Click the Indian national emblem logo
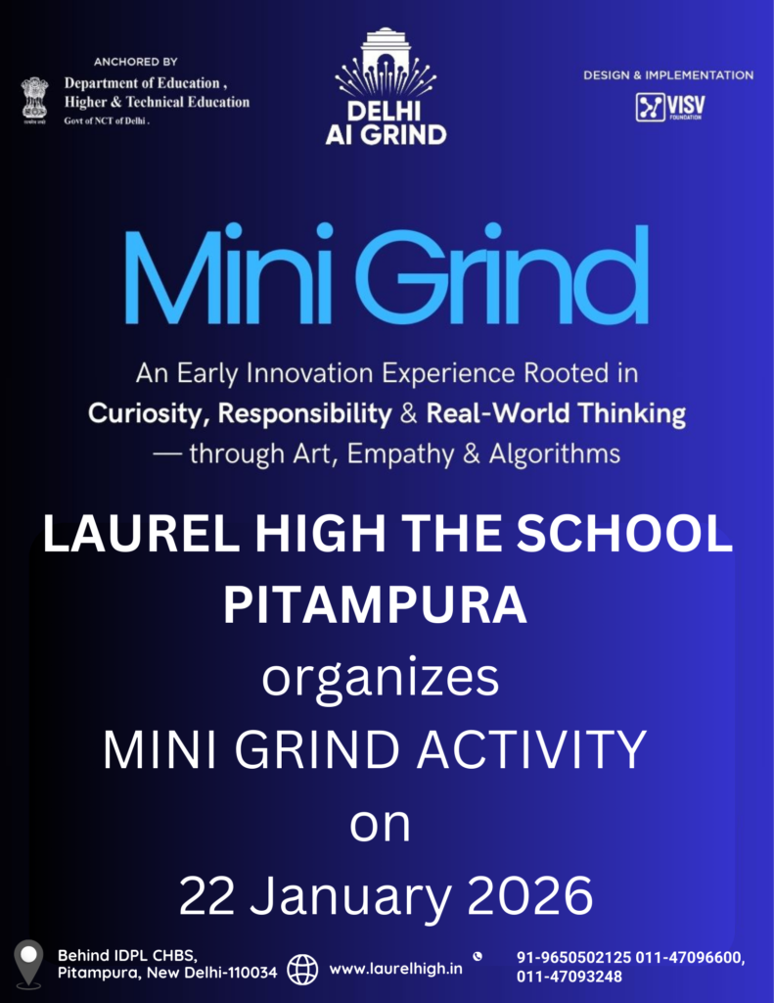pyautogui.click(x=34, y=101)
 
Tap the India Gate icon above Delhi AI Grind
pyautogui.click(x=385, y=62)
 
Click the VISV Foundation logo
pyautogui.click(x=670, y=107)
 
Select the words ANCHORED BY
pyautogui.click(x=135, y=62)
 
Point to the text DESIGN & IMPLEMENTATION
pyautogui.click(x=668, y=75)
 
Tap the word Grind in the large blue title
pyautogui.click(x=502, y=273)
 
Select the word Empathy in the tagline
pyautogui.click(x=400, y=454)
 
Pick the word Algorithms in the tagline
pyautogui.click(x=555, y=454)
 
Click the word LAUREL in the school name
pyautogui.click(x=141, y=534)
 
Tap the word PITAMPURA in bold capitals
pyautogui.click(x=375, y=605)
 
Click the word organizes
pyautogui.click(x=381, y=680)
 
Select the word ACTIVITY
pyautogui.click(x=531, y=749)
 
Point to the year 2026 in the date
pyautogui.click(x=530, y=896)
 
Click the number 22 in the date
pyautogui.click(x=206, y=896)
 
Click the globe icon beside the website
pyautogui.click(x=302, y=969)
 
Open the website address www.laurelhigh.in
pyautogui.click(x=395, y=969)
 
